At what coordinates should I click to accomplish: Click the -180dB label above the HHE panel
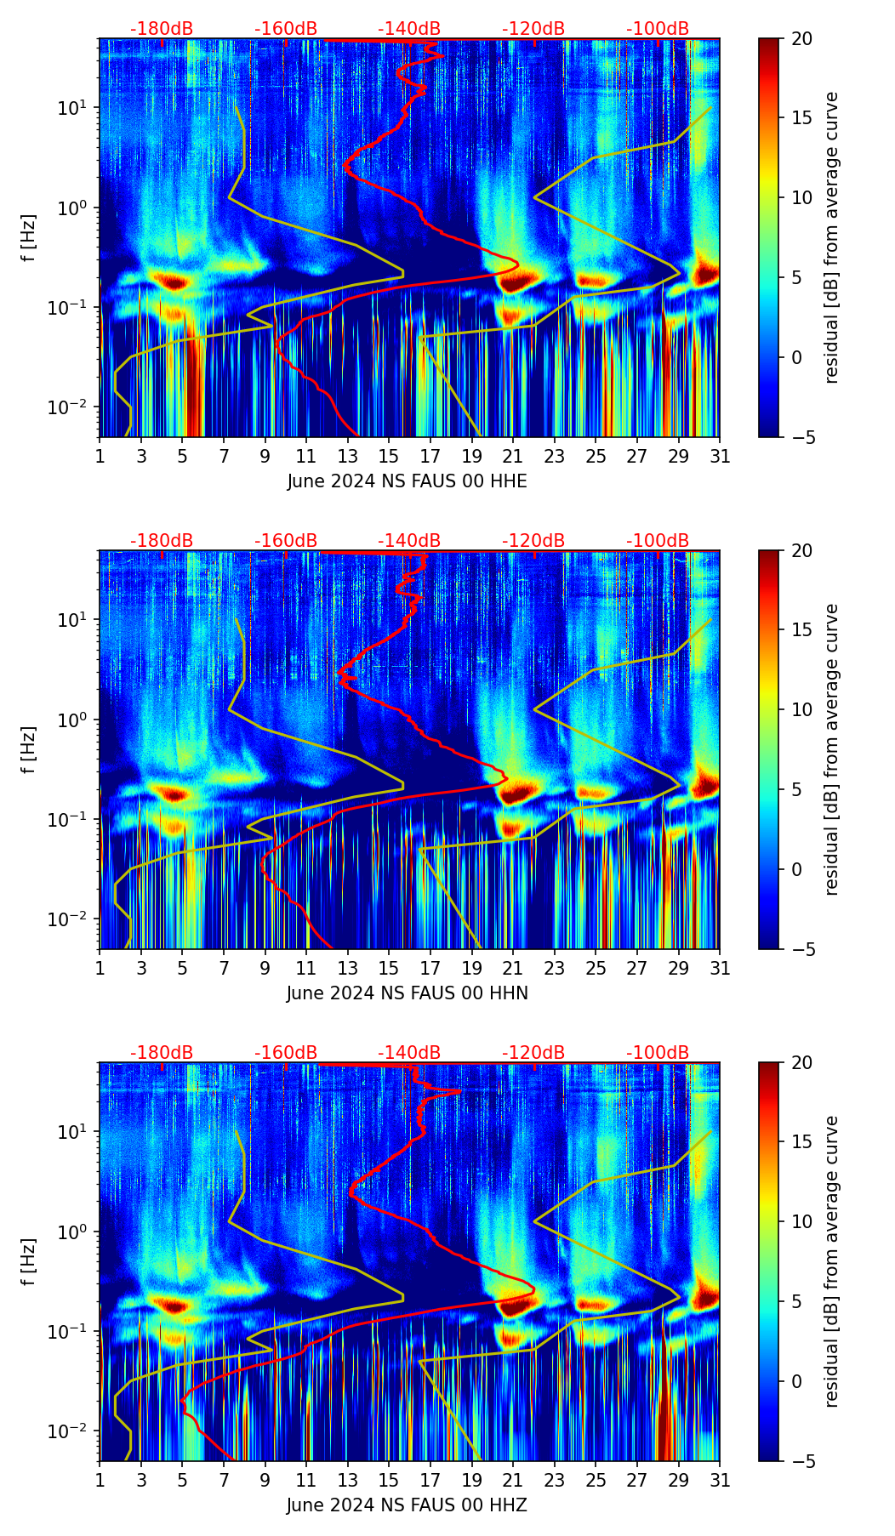point(162,29)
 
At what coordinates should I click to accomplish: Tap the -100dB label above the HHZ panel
point(658,1053)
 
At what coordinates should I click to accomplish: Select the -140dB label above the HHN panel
point(409,541)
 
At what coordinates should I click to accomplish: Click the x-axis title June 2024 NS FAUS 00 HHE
point(407,481)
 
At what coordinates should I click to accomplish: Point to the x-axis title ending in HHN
point(407,993)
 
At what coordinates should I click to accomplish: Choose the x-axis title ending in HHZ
point(407,1505)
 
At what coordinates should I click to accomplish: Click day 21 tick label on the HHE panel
point(512,456)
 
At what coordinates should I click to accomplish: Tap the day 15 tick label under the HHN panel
point(388,968)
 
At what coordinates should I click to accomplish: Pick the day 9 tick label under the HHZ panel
point(265,1480)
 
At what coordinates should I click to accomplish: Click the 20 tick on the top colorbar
point(801,39)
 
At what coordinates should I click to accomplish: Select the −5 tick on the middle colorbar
point(801,948)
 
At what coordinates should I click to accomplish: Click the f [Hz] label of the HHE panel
point(29,238)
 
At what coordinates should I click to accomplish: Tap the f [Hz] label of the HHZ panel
point(29,1262)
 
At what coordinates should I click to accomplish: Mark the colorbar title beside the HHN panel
point(831,749)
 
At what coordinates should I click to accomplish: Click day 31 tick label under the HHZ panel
point(720,1480)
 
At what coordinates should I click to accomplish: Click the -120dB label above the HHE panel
point(533,29)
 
